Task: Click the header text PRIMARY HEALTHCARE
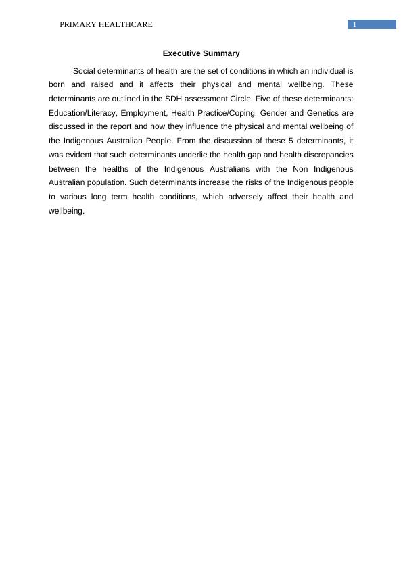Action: [x=106, y=25]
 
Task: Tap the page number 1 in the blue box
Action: [x=354, y=25]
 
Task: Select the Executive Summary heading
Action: [x=201, y=53]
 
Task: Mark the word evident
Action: [x=81, y=155]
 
